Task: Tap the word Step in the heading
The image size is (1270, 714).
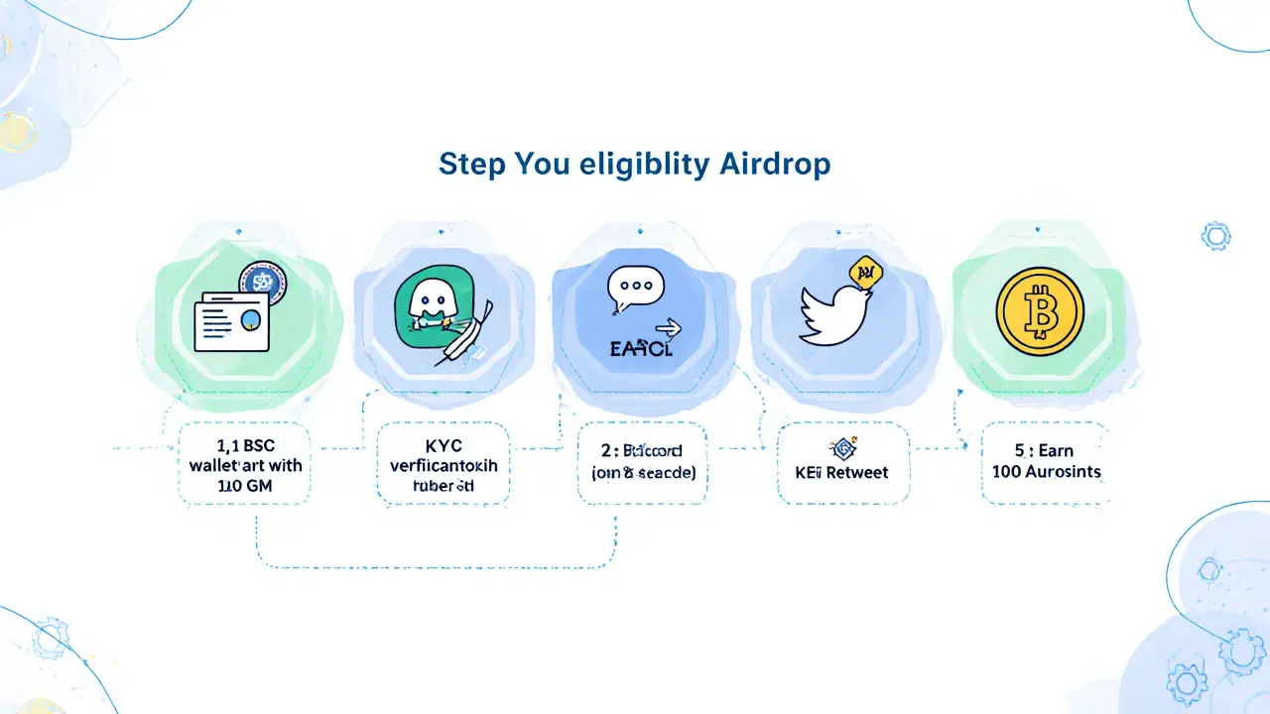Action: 471,165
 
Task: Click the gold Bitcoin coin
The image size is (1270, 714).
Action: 1040,309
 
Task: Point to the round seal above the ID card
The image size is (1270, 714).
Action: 262,282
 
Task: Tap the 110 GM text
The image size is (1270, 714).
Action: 246,486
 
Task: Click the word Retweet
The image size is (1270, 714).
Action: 862,471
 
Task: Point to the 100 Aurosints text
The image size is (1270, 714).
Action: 1046,471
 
